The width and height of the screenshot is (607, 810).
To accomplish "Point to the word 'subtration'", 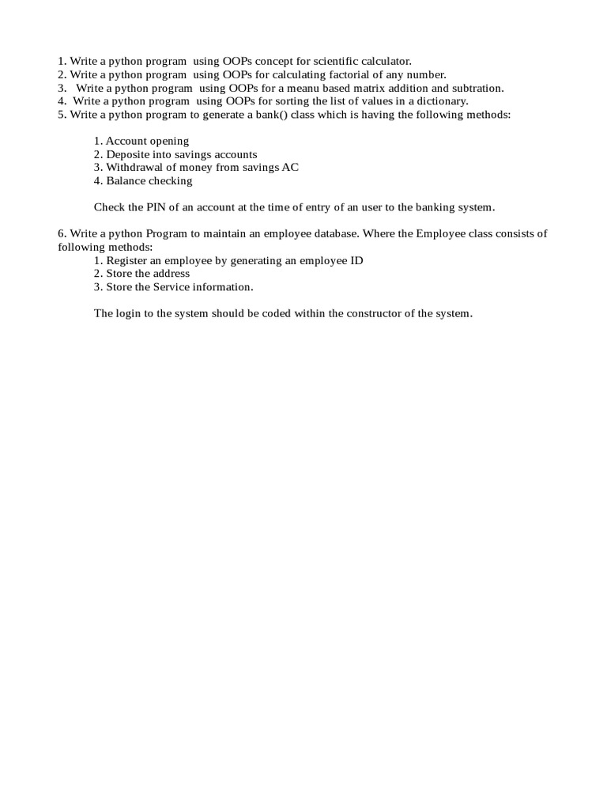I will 477,88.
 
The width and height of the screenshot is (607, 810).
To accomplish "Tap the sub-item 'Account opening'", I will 147,141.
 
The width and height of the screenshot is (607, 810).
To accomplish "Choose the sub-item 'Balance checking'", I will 149,181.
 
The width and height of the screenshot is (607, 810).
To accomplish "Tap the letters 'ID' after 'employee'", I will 356,260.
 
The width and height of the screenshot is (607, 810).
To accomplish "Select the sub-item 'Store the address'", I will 148,274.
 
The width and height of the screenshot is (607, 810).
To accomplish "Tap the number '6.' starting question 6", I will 62,233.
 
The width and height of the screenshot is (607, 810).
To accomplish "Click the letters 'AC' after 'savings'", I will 290,168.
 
